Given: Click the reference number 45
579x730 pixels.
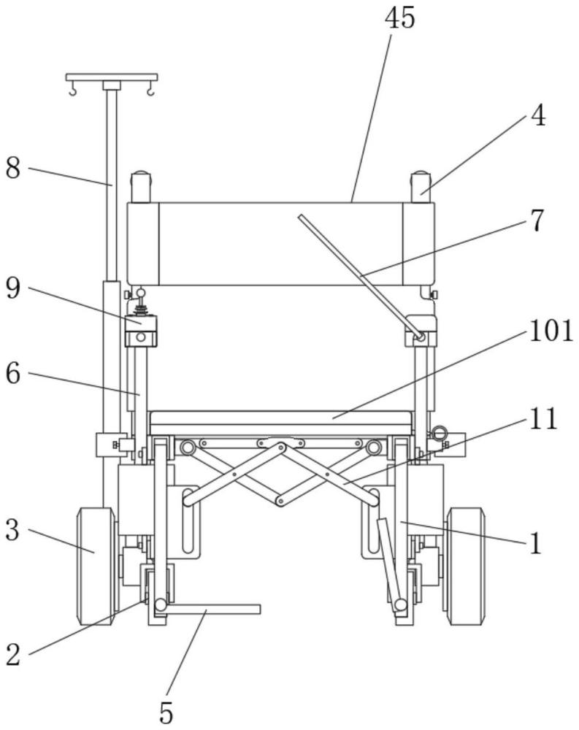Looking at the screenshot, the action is (x=399, y=18).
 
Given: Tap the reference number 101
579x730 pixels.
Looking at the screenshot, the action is (x=551, y=331).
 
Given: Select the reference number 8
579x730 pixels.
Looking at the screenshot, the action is (x=13, y=168).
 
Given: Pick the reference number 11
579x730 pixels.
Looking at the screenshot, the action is (x=543, y=418).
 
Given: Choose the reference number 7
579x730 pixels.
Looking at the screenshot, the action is (x=537, y=220).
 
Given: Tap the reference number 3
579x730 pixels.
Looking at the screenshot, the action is (x=13, y=530).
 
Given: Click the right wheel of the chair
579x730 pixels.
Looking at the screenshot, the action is (x=465, y=566).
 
